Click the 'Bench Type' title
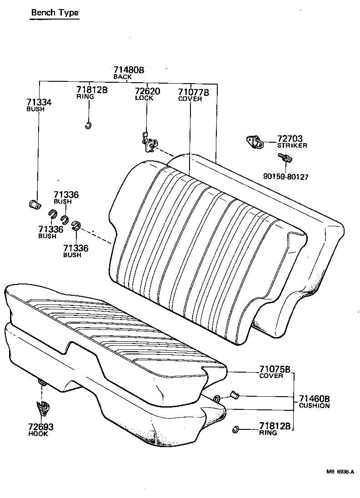click(x=55, y=12)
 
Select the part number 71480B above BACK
click(x=129, y=70)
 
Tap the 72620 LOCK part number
click(x=147, y=91)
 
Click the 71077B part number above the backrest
click(x=193, y=92)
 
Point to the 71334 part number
click(x=39, y=103)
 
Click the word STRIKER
click(x=292, y=145)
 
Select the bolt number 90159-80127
click(x=285, y=177)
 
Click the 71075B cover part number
click(x=275, y=369)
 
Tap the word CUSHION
click(x=314, y=405)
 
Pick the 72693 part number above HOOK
click(x=41, y=427)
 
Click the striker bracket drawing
click(x=255, y=141)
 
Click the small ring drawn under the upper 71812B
click(x=89, y=125)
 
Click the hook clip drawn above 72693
click(x=42, y=408)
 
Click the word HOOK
click(x=38, y=434)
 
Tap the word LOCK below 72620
click(x=144, y=98)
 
